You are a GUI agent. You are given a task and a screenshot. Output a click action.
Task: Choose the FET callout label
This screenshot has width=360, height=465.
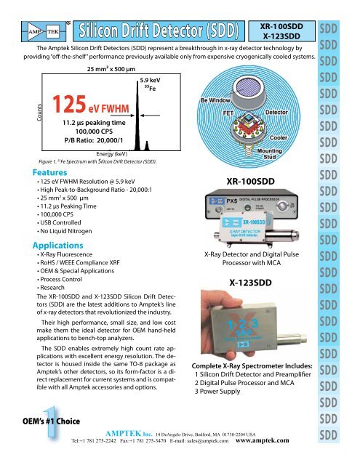click(x=228, y=113)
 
